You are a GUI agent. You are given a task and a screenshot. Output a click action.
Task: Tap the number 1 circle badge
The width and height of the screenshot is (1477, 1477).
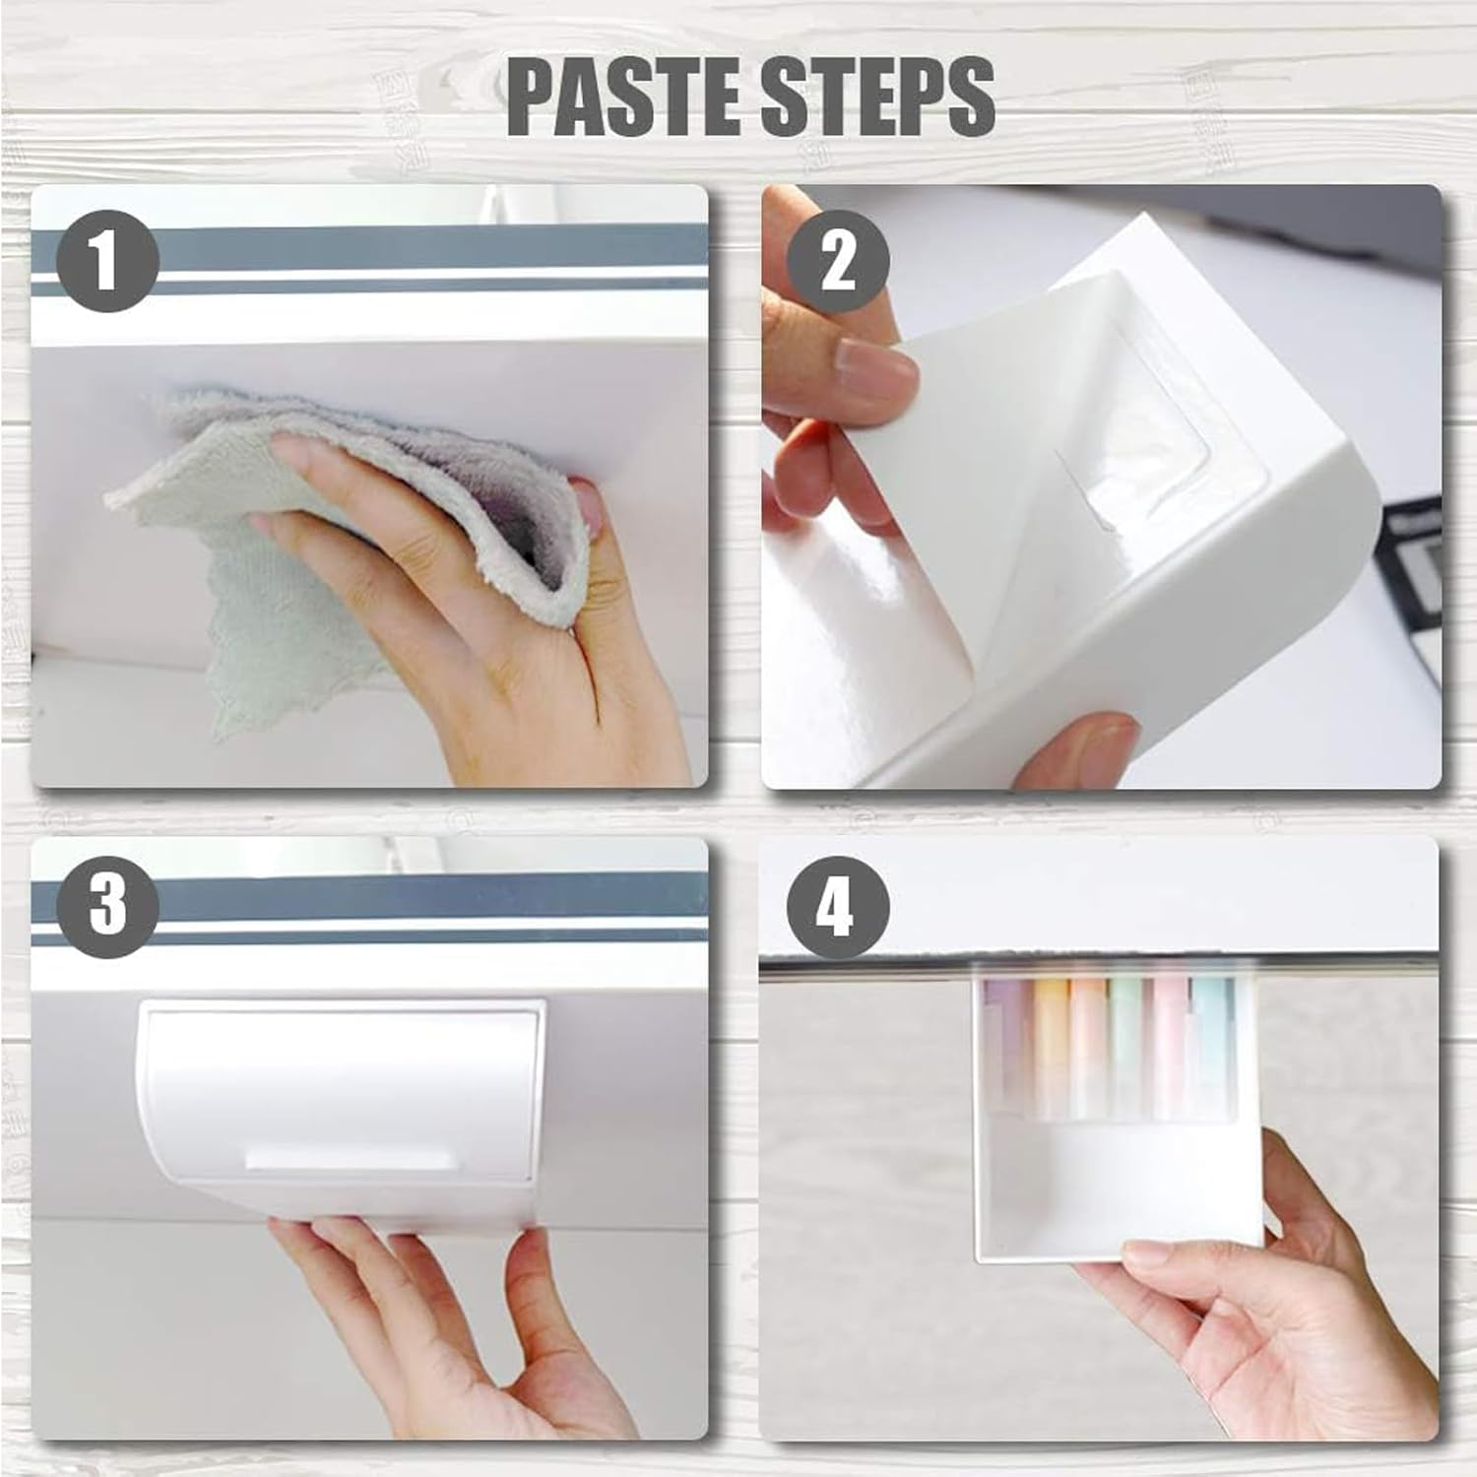pyautogui.click(x=107, y=262)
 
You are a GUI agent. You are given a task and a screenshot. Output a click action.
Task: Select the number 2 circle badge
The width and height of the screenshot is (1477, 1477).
pyautogui.click(x=839, y=262)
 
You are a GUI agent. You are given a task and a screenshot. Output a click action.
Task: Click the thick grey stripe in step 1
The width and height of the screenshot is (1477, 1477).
pyautogui.click(x=394, y=248)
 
